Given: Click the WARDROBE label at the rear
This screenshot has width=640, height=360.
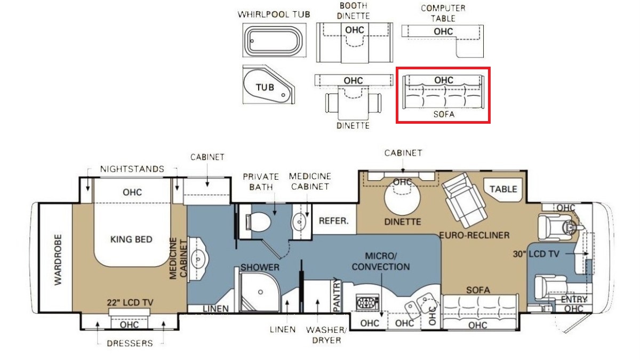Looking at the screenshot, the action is tap(58, 260).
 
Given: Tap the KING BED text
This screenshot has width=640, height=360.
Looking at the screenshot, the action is tap(131, 239).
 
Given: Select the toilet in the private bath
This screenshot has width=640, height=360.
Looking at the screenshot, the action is tap(258, 222).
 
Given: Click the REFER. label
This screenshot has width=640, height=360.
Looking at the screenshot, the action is tap(334, 221).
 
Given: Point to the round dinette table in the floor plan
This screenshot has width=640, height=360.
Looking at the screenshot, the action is tap(402, 198).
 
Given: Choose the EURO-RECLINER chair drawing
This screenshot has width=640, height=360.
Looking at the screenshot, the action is tap(464, 199).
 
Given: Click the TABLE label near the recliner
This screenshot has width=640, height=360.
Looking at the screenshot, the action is tap(503, 189).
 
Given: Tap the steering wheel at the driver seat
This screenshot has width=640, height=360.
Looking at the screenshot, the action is tap(569, 227).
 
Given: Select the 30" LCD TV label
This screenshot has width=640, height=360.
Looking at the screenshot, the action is tap(536, 254).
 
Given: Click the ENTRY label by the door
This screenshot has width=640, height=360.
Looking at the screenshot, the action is tap(574, 299).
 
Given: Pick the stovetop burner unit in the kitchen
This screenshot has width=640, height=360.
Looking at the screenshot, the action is tap(367, 302).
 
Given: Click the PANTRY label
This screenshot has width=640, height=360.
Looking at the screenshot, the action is tap(337, 296).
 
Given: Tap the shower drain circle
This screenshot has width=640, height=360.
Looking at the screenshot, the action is tap(260, 292).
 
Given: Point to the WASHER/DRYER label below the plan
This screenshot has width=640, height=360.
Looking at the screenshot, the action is tap(326, 335).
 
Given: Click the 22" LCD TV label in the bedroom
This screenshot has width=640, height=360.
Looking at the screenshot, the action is tap(130, 302).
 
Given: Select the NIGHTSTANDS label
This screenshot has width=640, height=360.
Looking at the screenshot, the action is tap(132, 169).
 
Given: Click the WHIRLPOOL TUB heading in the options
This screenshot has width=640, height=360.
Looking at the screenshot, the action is tap(274, 14).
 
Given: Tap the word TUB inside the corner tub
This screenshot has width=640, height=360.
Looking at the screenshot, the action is tap(265, 87).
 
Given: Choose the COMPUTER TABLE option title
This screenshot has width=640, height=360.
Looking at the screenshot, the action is tap(443, 13).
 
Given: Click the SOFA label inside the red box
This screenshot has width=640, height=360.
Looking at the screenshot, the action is tap(444, 114).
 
